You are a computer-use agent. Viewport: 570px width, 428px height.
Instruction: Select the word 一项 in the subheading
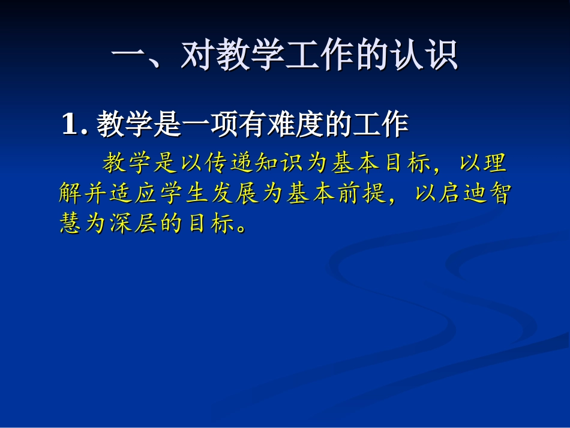tap(217, 124)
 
